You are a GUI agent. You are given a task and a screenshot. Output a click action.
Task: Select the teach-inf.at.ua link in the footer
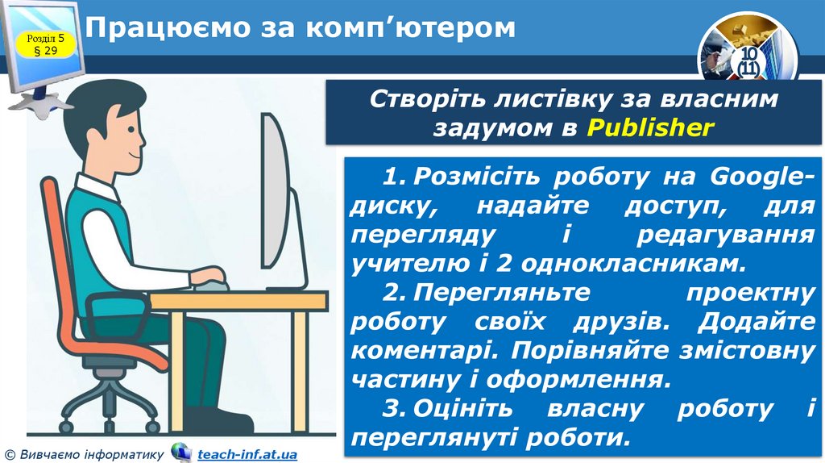click(x=247, y=455)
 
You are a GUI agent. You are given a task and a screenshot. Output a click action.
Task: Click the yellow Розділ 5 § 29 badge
click(x=49, y=46)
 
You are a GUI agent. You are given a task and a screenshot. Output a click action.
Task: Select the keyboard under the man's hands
click(x=211, y=285)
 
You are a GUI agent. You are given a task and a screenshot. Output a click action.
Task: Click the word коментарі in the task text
click(x=418, y=350)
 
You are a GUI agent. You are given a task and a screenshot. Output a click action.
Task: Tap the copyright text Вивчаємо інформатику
click(x=89, y=455)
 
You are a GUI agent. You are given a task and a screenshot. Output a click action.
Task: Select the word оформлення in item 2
click(x=592, y=378)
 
